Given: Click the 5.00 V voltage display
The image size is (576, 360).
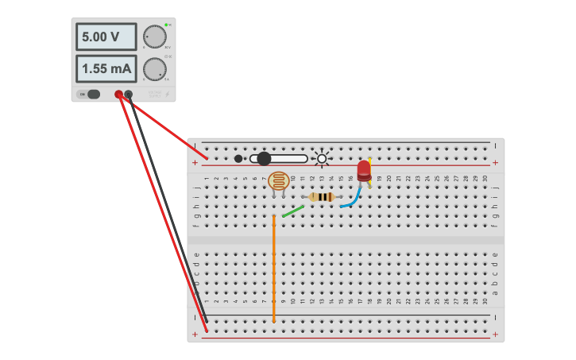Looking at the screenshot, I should [x=106, y=37].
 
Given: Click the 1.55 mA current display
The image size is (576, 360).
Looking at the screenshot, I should [x=106, y=68].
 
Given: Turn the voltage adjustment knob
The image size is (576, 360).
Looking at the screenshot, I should [x=154, y=37].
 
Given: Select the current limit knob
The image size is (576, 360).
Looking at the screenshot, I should [x=154, y=68].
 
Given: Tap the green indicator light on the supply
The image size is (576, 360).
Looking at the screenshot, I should [x=166, y=25].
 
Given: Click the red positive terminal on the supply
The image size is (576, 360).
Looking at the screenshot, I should [x=118, y=94].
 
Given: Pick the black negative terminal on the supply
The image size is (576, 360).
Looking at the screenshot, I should [x=129, y=94].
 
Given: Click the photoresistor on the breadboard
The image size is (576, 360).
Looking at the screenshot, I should [x=278, y=180].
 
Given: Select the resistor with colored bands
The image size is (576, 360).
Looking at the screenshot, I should [x=321, y=197].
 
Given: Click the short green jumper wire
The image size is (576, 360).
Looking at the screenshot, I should [x=292, y=211].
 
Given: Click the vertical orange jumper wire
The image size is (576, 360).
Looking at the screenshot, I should [x=273, y=270].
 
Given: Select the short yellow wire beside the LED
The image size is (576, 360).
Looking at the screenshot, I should [x=370, y=171].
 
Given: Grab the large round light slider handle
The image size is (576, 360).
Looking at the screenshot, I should [x=264, y=159].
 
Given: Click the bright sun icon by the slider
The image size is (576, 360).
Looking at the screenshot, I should [x=322, y=158].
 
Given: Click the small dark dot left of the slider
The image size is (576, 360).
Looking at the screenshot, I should [x=238, y=159].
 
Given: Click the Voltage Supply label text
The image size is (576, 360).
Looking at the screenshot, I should [x=154, y=95].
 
